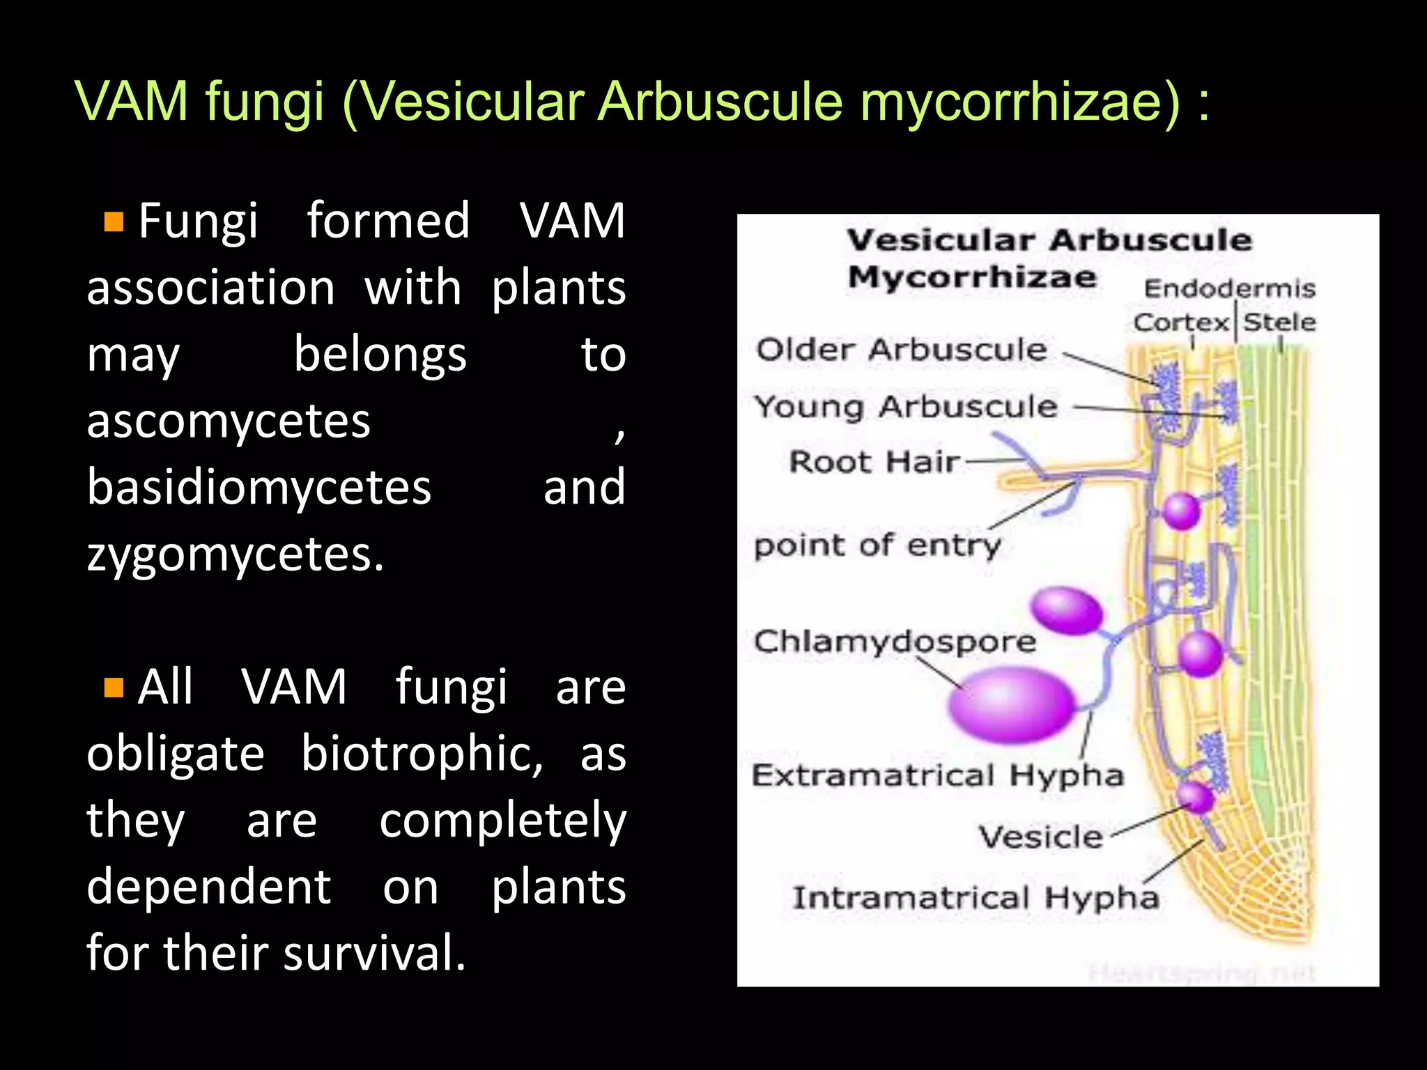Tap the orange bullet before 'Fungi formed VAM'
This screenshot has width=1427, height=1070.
pos(114,222)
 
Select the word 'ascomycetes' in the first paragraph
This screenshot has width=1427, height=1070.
pos(229,421)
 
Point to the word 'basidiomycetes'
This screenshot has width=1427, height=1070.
pos(259,487)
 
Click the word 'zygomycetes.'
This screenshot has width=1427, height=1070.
pos(235,555)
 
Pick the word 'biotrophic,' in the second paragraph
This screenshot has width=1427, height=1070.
pos(422,754)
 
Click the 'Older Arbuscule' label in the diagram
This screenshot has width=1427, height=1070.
pos(902,350)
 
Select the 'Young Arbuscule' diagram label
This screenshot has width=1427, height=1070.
pos(906,407)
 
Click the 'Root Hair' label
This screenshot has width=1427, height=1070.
pos(874,462)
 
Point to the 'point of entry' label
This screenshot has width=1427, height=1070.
pos(877,545)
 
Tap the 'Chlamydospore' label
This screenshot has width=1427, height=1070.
pos(895,642)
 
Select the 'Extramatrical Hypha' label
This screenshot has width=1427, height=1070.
pos(937,775)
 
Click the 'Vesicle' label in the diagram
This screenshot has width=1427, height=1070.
pos(1040,837)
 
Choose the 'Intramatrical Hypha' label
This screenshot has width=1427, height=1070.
pos(975,898)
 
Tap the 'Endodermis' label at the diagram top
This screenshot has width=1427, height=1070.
pos(1229,288)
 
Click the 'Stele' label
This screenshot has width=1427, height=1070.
pos(1279,323)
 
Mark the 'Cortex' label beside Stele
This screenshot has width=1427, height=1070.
pos(1181,323)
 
